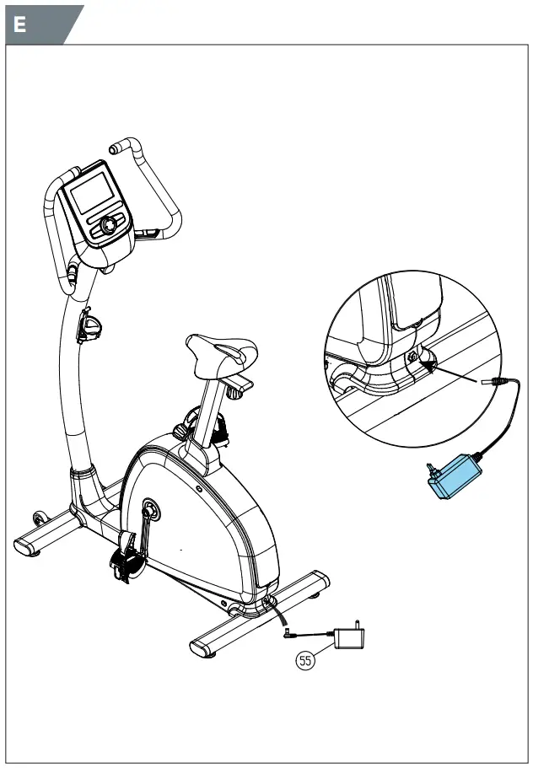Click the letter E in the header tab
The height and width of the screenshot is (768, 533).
coord(19,24)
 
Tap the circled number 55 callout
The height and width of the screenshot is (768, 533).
coord(305,660)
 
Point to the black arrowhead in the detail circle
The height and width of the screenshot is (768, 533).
coord(429,365)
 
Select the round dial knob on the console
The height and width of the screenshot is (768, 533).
coord(110,226)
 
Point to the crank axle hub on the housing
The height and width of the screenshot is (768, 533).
coord(151,508)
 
